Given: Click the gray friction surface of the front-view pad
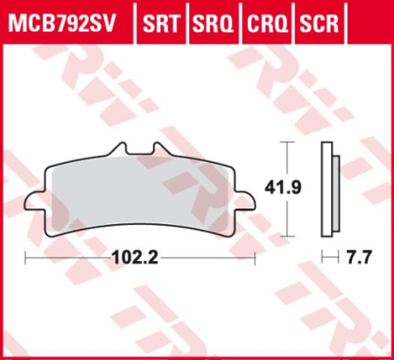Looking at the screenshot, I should [x=140, y=194].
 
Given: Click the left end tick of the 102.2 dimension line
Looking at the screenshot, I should [x=25, y=258].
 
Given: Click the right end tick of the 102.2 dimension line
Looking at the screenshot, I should [x=255, y=258].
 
